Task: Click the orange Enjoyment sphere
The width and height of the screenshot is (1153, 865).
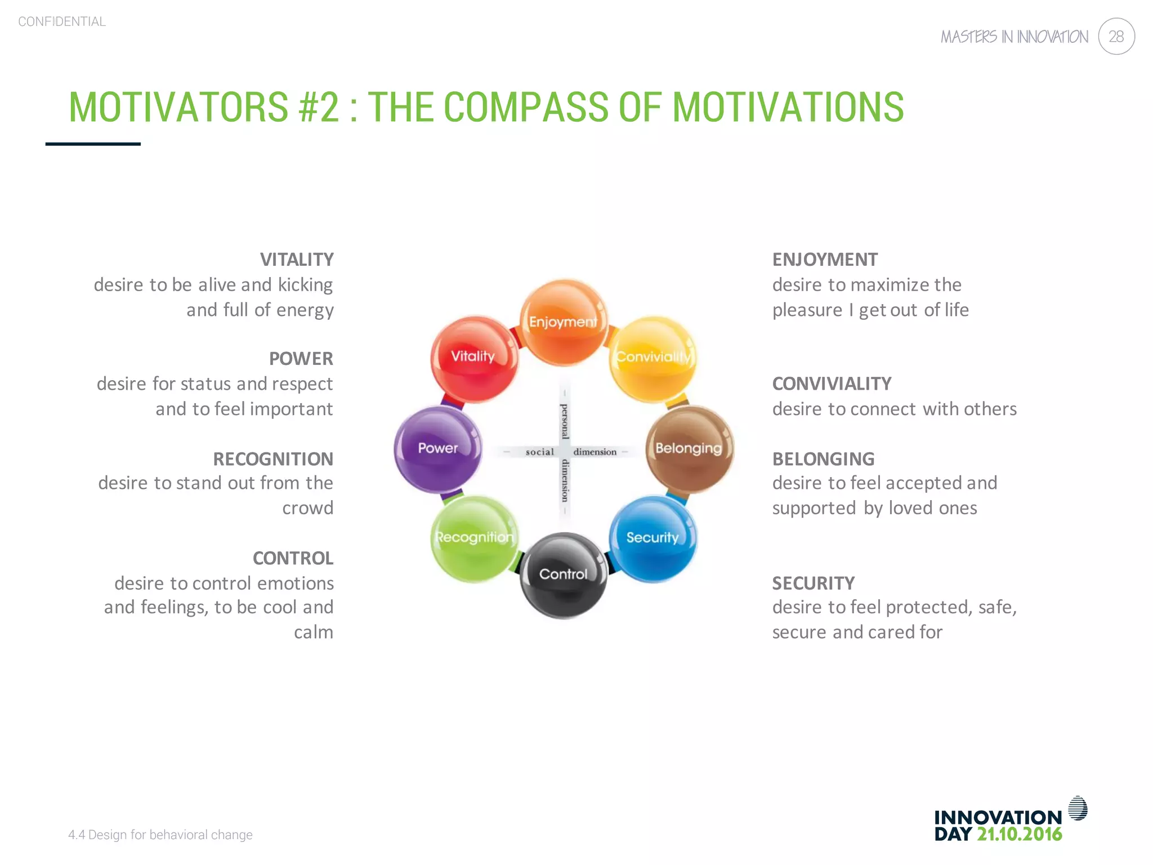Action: pyautogui.click(x=564, y=323)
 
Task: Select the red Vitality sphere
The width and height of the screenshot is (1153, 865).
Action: pyautogui.click(x=475, y=359)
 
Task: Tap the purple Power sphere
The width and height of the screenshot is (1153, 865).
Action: pyautogui.click(x=438, y=449)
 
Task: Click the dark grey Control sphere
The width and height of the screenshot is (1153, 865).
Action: pyautogui.click(x=564, y=575)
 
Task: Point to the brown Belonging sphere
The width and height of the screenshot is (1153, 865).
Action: pyautogui.click(x=689, y=449)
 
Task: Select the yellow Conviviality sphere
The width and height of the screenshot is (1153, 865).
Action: pyautogui.click(x=653, y=359)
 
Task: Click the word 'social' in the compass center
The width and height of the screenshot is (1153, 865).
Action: pyautogui.click(x=539, y=452)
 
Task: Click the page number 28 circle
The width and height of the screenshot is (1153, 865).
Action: pyautogui.click(x=1116, y=37)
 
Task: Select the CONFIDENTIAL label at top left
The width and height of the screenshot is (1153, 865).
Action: pyautogui.click(x=62, y=21)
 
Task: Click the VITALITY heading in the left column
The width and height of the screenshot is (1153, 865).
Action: pyautogui.click(x=297, y=260)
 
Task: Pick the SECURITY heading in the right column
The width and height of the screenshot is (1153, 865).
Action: pyautogui.click(x=813, y=583)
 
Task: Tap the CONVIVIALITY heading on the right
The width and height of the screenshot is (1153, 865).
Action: pyautogui.click(x=832, y=384)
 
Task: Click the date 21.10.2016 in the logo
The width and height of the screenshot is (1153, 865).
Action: pyautogui.click(x=1019, y=834)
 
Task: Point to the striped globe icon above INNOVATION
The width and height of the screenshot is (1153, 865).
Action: pyautogui.click(x=1078, y=808)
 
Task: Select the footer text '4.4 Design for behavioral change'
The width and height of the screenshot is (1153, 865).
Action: pyautogui.click(x=160, y=835)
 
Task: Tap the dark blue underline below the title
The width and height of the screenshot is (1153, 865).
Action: pyautogui.click(x=93, y=144)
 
